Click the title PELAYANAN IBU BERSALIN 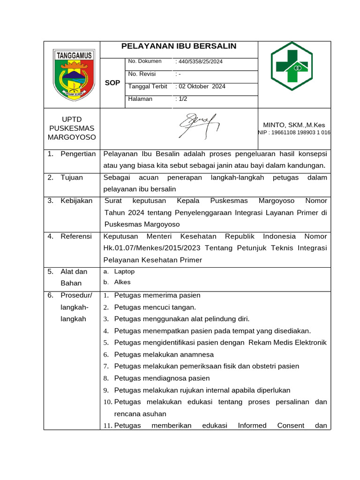[179, 46]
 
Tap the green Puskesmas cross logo [294, 68]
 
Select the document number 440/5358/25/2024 [199, 61]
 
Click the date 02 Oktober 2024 [201, 86]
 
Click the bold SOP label [112, 83]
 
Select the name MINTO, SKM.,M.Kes [294, 125]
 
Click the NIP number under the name [294, 133]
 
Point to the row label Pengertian [78, 154]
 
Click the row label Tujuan [72, 177]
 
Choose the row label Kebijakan [76, 201]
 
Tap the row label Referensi [76, 236]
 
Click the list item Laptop [124, 271]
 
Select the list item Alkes [122, 282]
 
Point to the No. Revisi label [142, 74]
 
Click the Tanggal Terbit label [148, 86]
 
